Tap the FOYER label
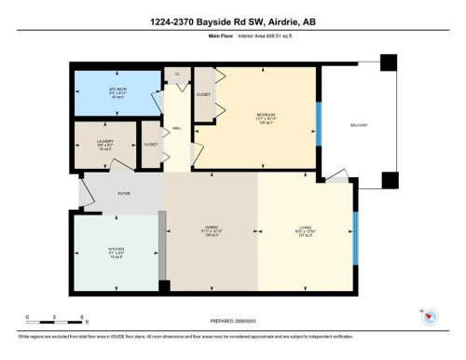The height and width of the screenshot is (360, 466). click(123, 193)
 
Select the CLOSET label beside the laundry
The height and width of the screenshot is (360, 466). click(150, 145)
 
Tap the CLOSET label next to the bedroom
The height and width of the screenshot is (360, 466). click(204, 94)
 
